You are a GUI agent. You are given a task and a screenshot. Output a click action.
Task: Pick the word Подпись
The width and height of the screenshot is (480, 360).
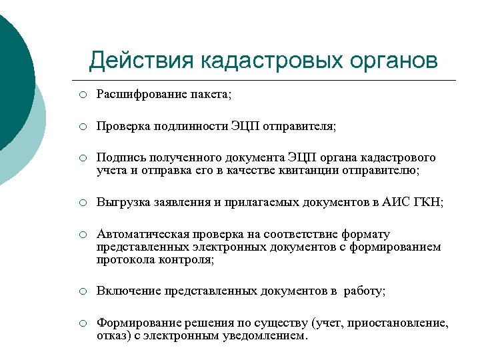point(119,157)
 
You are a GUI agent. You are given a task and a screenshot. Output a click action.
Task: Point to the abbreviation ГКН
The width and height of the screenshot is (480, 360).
point(430,202)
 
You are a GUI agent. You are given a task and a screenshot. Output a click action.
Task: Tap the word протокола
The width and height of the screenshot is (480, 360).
point(123,259)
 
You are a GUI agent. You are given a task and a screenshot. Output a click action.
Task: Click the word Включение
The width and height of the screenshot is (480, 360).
point(126,291)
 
